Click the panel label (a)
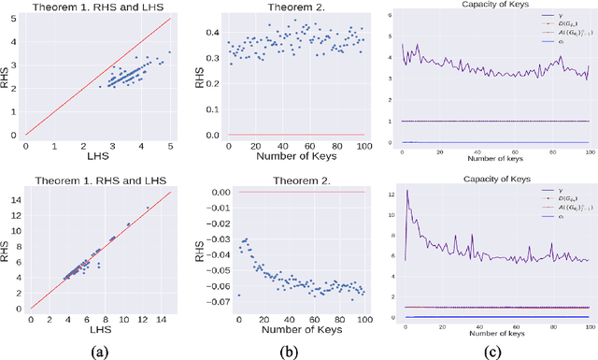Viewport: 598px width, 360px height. tap(95, 346)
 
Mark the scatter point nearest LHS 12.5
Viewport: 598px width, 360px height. tap(148, 208)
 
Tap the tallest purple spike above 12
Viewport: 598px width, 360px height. tap(406, 192)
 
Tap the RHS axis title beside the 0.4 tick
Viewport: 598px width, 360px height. tap(197, 75)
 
